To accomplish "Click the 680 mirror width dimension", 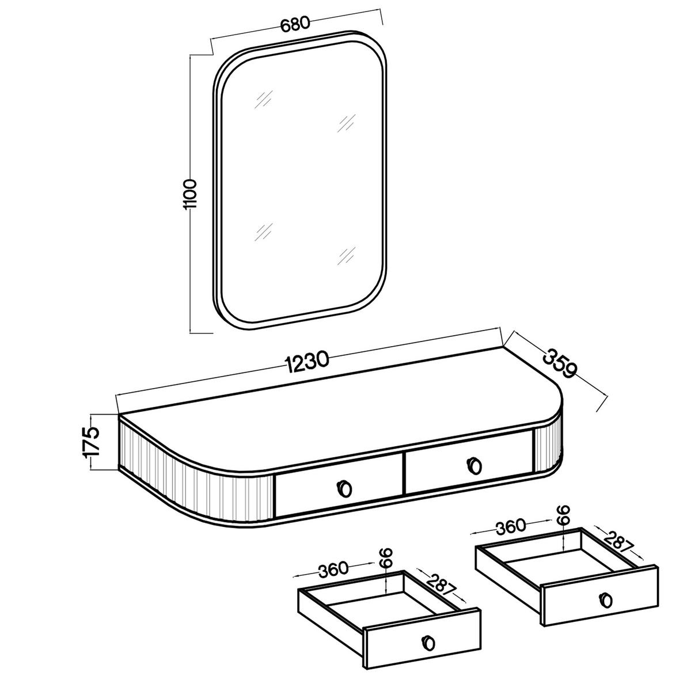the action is pyautogui.click(x=294, y=25).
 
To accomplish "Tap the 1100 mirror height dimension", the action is pyautogui.click(x=190, y=195).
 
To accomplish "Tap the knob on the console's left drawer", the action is pyautogui.click(x=344, y=488).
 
